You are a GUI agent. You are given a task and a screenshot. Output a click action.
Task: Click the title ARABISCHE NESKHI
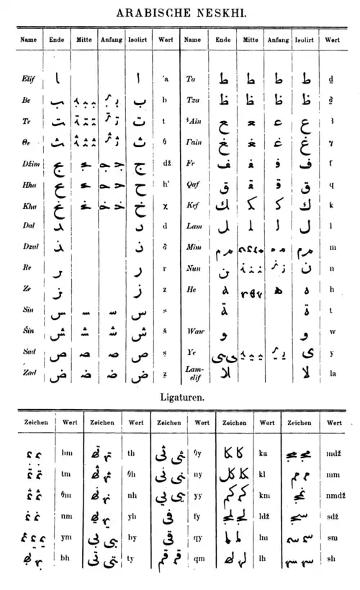click(x=180, y=11)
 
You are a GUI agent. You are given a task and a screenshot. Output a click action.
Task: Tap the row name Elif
click(x=27, y=79)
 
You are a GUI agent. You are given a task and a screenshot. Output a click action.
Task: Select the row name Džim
click(x=28, y=164)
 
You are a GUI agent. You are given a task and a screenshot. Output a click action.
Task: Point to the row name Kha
click(x=27, y=206)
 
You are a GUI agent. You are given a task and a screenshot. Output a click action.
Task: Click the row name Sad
click(x=27, y=352)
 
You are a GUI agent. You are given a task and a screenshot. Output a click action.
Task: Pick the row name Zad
click(x=27, y=373)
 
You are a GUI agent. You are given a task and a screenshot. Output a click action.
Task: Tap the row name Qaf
click(x=192, y=184)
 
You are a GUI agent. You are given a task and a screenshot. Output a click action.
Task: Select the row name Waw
click(x=193, y=333)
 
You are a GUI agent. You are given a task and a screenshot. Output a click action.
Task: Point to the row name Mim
click(x=192, y=247)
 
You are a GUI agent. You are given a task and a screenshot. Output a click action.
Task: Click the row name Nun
click(x=192, y=268)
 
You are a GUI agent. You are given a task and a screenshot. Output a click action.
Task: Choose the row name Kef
click(x=192, y=205)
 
